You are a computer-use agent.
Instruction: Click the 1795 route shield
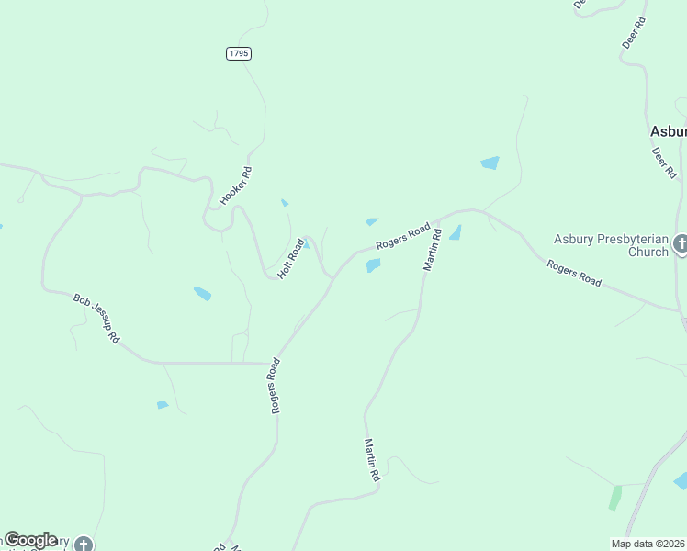238,54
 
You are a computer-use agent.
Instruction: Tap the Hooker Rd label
235,186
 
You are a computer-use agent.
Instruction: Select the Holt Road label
291,259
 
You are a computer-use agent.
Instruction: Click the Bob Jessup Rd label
96,318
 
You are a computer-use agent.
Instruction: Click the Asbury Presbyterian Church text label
611,245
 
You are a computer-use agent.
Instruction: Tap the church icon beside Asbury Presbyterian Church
680,244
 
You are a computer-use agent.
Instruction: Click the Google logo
30,540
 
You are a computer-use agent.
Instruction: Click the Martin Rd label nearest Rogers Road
433,248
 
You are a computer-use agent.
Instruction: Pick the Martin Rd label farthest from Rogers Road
371,460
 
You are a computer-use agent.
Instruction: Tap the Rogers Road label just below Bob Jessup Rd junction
276,386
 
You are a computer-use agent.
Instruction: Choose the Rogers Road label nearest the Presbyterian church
574,274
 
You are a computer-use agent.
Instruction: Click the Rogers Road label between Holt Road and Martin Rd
403,236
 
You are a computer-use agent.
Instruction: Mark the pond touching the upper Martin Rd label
455,232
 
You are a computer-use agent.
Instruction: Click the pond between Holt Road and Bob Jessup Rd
202,294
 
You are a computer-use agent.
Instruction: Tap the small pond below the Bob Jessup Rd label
163,405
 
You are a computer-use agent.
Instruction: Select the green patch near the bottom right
614,498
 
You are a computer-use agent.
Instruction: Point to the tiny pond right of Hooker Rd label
285,203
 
